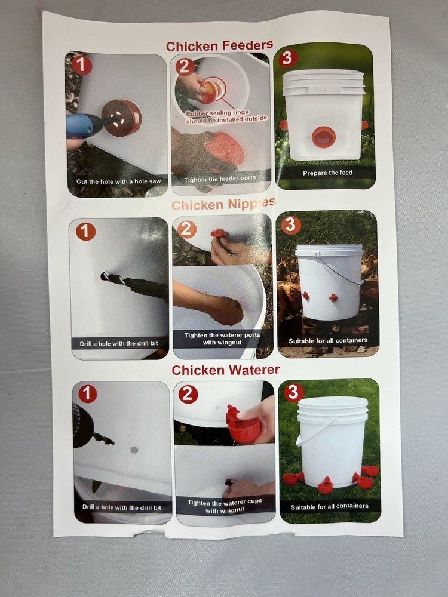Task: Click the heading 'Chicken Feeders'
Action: pyautogui.click(x=219, y=45)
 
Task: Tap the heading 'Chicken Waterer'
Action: pyautogui.click(x=225, y=370)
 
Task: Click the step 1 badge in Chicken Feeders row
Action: pyautogui.click(x=82, y=65)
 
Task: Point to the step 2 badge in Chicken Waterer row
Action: pyautogui.click(x=188, y=394)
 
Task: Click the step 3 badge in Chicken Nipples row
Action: pyautogui.click(x=291, y=225)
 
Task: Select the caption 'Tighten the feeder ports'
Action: pyautogui.click(x=220, y=179)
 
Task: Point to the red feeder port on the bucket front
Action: pyautogui.click(x=324, y=137)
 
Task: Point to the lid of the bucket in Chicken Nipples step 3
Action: pyautogui.click(x=329, y=250)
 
